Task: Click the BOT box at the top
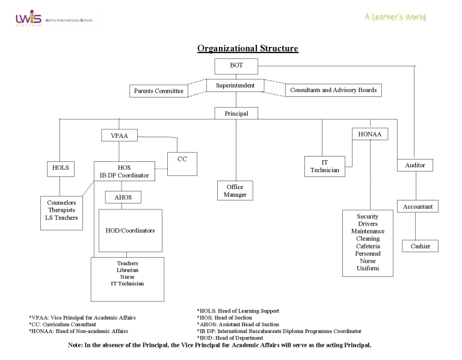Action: [x=236, y=66]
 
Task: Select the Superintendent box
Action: [x=235, y=86]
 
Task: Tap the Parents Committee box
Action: [x=158, y=91]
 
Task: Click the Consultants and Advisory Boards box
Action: [x=333, y=90]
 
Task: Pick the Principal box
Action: [x=235, y=113]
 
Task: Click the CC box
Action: [x=182, y=160]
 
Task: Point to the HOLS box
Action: [x=60, y=169]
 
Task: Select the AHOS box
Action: [x=123, y=197]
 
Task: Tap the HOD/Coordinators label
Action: [x=130, y=231]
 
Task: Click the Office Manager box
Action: [x=235, y=190]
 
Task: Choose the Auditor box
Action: [x=415, y=164]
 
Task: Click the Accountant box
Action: [x=417, y=206]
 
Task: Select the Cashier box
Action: [x=420, y=246]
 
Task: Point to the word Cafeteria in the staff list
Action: [x=368, y=246]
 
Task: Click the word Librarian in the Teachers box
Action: [x=127, y=270]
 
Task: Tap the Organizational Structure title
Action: [x=247, y=48]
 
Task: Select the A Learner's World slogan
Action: [x=395, y=17]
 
